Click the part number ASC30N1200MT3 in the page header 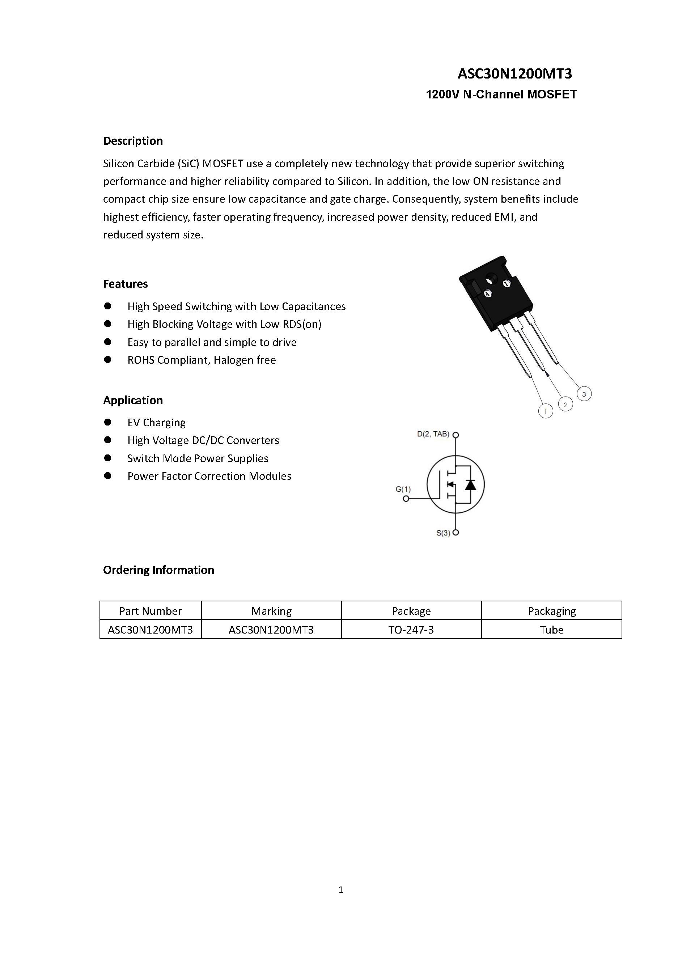point(514,74)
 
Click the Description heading point(133,141)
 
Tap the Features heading point(125,284)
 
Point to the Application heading point(133,400)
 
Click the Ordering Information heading point(158,570)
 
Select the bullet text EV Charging point(156,422)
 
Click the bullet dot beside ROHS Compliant point(107,360)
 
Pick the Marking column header point(271,611)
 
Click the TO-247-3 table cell point(411,630)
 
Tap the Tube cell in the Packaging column point(551,630)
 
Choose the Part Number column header point(151,611)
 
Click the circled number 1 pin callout point(546,411)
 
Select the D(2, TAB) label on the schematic point(433,434)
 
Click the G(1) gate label point(403,489)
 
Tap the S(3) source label point(443,533)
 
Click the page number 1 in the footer point(341,890)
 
